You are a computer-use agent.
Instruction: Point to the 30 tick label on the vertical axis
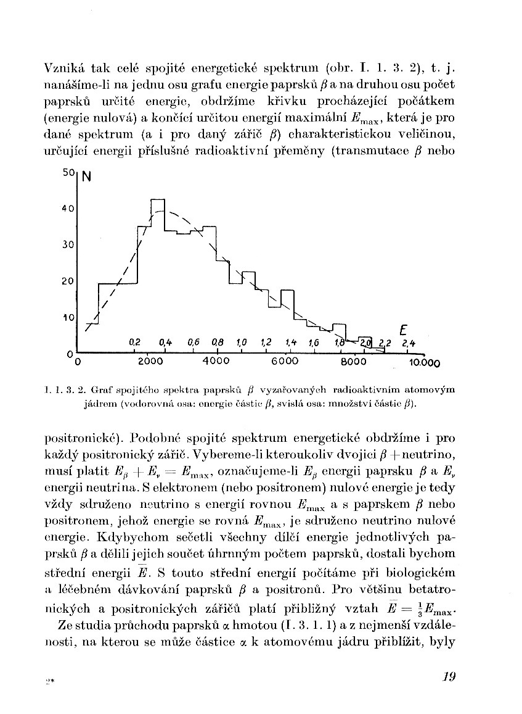[68, 244]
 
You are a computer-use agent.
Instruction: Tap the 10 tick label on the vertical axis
[68, 317]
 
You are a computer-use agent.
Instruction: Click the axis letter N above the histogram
[86, 176]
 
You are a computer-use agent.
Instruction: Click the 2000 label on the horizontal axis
[150, 361]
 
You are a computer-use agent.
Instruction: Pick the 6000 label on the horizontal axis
[285, 361]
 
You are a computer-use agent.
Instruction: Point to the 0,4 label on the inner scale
[165, 342]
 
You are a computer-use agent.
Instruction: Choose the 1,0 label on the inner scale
[241, 342]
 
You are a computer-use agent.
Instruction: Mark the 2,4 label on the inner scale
[408, 343]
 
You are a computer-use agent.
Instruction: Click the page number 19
[448, 676]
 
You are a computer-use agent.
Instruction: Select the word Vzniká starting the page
[64, 67]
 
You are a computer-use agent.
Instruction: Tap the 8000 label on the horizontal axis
[353, 361]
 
